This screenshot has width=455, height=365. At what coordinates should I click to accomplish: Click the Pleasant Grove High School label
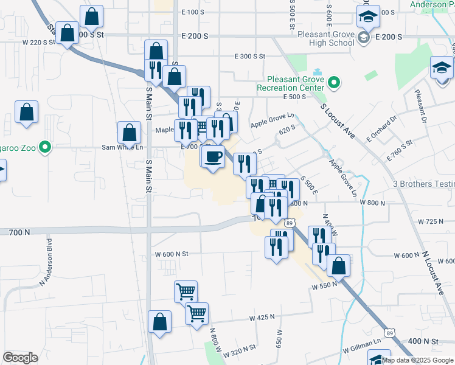(325, 38)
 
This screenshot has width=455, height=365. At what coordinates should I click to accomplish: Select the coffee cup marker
(212, 158)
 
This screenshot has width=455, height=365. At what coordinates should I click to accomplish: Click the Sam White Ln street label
(122, 147)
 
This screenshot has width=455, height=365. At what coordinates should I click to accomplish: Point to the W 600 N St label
(173, 254)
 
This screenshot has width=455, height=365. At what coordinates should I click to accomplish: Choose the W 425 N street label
(262, 318)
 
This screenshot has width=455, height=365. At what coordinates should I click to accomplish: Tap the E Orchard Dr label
(380, 128)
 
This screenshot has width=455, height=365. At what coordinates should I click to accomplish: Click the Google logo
(20, 358)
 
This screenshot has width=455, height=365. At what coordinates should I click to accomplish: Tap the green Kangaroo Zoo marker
(44, 147)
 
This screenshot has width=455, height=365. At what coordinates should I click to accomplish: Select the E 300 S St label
(251, 56)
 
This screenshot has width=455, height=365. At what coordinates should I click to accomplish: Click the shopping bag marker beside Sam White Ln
(130, 132)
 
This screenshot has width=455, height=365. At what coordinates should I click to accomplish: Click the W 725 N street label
(432, 221)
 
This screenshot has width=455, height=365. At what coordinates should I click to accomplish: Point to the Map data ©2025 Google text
(417, 360)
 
